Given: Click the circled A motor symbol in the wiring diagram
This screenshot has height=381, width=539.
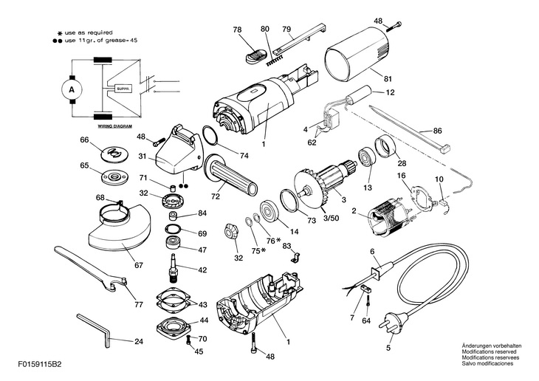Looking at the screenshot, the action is [x=72, y=89].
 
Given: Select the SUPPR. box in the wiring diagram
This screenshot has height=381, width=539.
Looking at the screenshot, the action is [x=123, y=89].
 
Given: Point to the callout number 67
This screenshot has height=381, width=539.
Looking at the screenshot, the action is [x=138, y=265].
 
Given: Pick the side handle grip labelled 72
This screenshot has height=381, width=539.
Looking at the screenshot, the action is [x=230, y=176].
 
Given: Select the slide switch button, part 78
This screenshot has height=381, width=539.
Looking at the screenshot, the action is [x=255, y=55].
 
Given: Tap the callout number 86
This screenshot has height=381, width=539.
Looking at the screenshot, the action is [x=437, y=131].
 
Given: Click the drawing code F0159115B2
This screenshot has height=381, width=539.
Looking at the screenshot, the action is [x=40, y=365].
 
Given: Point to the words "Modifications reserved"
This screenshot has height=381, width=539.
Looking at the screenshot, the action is [x=489, y=351].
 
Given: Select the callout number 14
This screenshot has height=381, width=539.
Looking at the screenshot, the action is [x=294, y=231].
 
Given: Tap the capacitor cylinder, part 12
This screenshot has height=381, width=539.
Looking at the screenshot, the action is [x=359, y=95].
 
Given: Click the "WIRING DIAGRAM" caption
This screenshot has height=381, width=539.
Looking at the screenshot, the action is [x=114, y=126].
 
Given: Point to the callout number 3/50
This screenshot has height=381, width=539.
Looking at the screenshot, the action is [x=332, y=219].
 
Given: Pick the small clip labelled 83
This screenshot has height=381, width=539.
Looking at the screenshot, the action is [x=296, y=257].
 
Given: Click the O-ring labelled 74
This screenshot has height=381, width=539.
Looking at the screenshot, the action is [x=210, y=135].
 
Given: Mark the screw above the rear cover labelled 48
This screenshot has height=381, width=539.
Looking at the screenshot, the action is [x=394, y=27].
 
